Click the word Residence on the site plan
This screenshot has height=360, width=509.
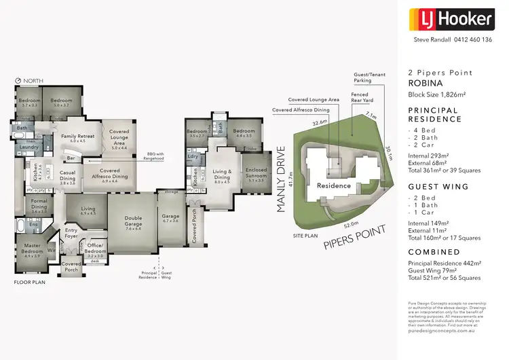tap(334, 185)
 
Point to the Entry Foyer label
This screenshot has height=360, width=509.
tap(72, 234)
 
